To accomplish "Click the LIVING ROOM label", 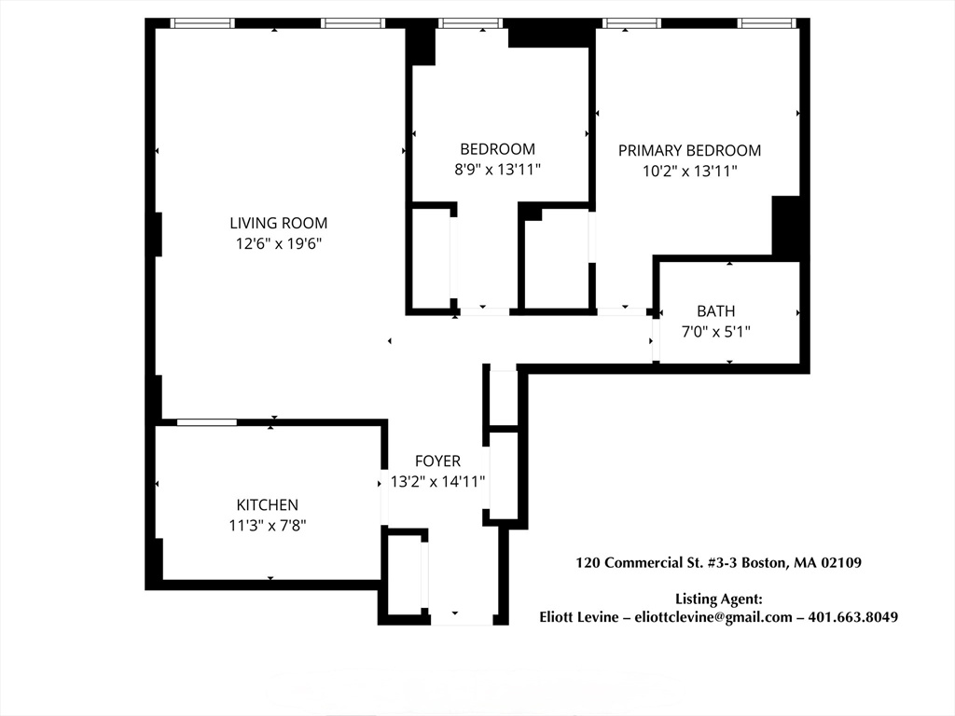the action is pyautogui.click(x=278, y=223).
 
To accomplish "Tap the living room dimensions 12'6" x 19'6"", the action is pyautogui.click(x=278, y=243).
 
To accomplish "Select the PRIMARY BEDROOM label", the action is pyautogui.click(x=689, y=150).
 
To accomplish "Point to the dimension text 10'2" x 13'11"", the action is pyautogui.click(x=689, y=172).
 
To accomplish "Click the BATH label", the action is pyautogui.click(x=715, y=311).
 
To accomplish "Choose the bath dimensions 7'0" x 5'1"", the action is pyautogui.click(x=715, y=332).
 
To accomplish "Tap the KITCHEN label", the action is pyautogui.click(x=268, y=504).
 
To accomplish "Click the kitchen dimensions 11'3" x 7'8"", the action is pyautogui.click(x=268, y=525).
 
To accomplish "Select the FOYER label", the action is pyautogui.click(x=438, y=461).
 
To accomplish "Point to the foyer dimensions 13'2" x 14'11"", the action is pyautogui.click(x=438, y=482).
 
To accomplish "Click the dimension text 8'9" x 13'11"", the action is pyautogui.click(x=498, y=170).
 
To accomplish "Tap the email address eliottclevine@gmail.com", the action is pyautogui.click(x=713, y=617).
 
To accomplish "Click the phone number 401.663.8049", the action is pyautogui.click(x=852, y=617).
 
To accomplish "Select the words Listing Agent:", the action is pyautogui.click(x=719, y=599).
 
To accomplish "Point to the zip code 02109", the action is pyautogui.click(x=842, y=562).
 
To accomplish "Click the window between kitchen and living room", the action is pyautogui.click(x=207, y=422).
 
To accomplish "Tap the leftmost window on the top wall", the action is pyautogui.click(x=202, y=23).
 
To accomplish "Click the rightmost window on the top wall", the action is pyautogui.click(x=767, y=23).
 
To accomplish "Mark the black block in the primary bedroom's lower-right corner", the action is pyautogui.click(x=785, y=226).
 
